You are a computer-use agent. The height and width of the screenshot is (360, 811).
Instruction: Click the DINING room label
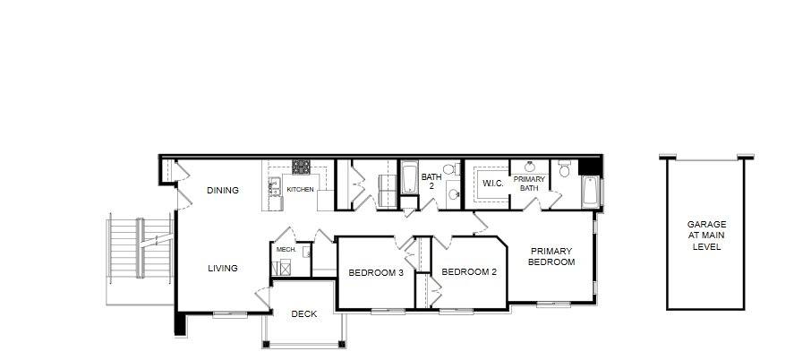pyautogui.click(x=223, y=191)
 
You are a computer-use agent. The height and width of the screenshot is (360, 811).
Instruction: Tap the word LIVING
pyautogui.click(x=223, y=269)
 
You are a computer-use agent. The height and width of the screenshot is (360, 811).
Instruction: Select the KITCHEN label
pyautogui.click(x=301, y=190)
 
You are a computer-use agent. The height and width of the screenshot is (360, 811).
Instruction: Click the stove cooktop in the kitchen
pyautogui.click(x=301, y=167)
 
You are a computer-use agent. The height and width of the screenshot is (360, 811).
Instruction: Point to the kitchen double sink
pyautogui.click(x=275, y=187)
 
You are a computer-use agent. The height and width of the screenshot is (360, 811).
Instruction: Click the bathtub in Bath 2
pyautogui.click(x=409, y=177)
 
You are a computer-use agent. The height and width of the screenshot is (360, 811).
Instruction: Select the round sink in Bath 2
pyautogui.click(x=453, y=194)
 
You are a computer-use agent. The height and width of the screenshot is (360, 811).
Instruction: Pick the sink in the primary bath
pyautogui.click(x=530, y=167)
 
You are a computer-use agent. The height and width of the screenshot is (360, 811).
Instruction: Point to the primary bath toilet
pyautogui.click(x=564, y=168)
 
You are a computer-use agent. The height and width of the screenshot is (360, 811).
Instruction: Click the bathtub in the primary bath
pyautogui.click(x=590, y=192)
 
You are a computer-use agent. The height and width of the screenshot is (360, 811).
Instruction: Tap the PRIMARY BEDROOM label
pyautogui.click(x=551, y=256)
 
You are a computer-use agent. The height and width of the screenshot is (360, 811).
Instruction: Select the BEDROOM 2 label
pyautogui.click(x=469, y=272)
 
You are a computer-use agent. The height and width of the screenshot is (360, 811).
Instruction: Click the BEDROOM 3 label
pyautogui.click(x=375, y=272)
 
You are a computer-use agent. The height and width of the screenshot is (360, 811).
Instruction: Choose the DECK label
pyautogui.click(x=304, y=314)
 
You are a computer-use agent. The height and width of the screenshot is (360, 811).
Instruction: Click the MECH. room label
pyautogui.click(x=286, y=249)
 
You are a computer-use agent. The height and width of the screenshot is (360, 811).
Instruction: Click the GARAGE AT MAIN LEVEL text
pyautogui.click(x=706, y=236)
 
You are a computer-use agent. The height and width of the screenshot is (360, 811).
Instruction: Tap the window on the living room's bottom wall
pyautogui.click(x=230, y=313)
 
